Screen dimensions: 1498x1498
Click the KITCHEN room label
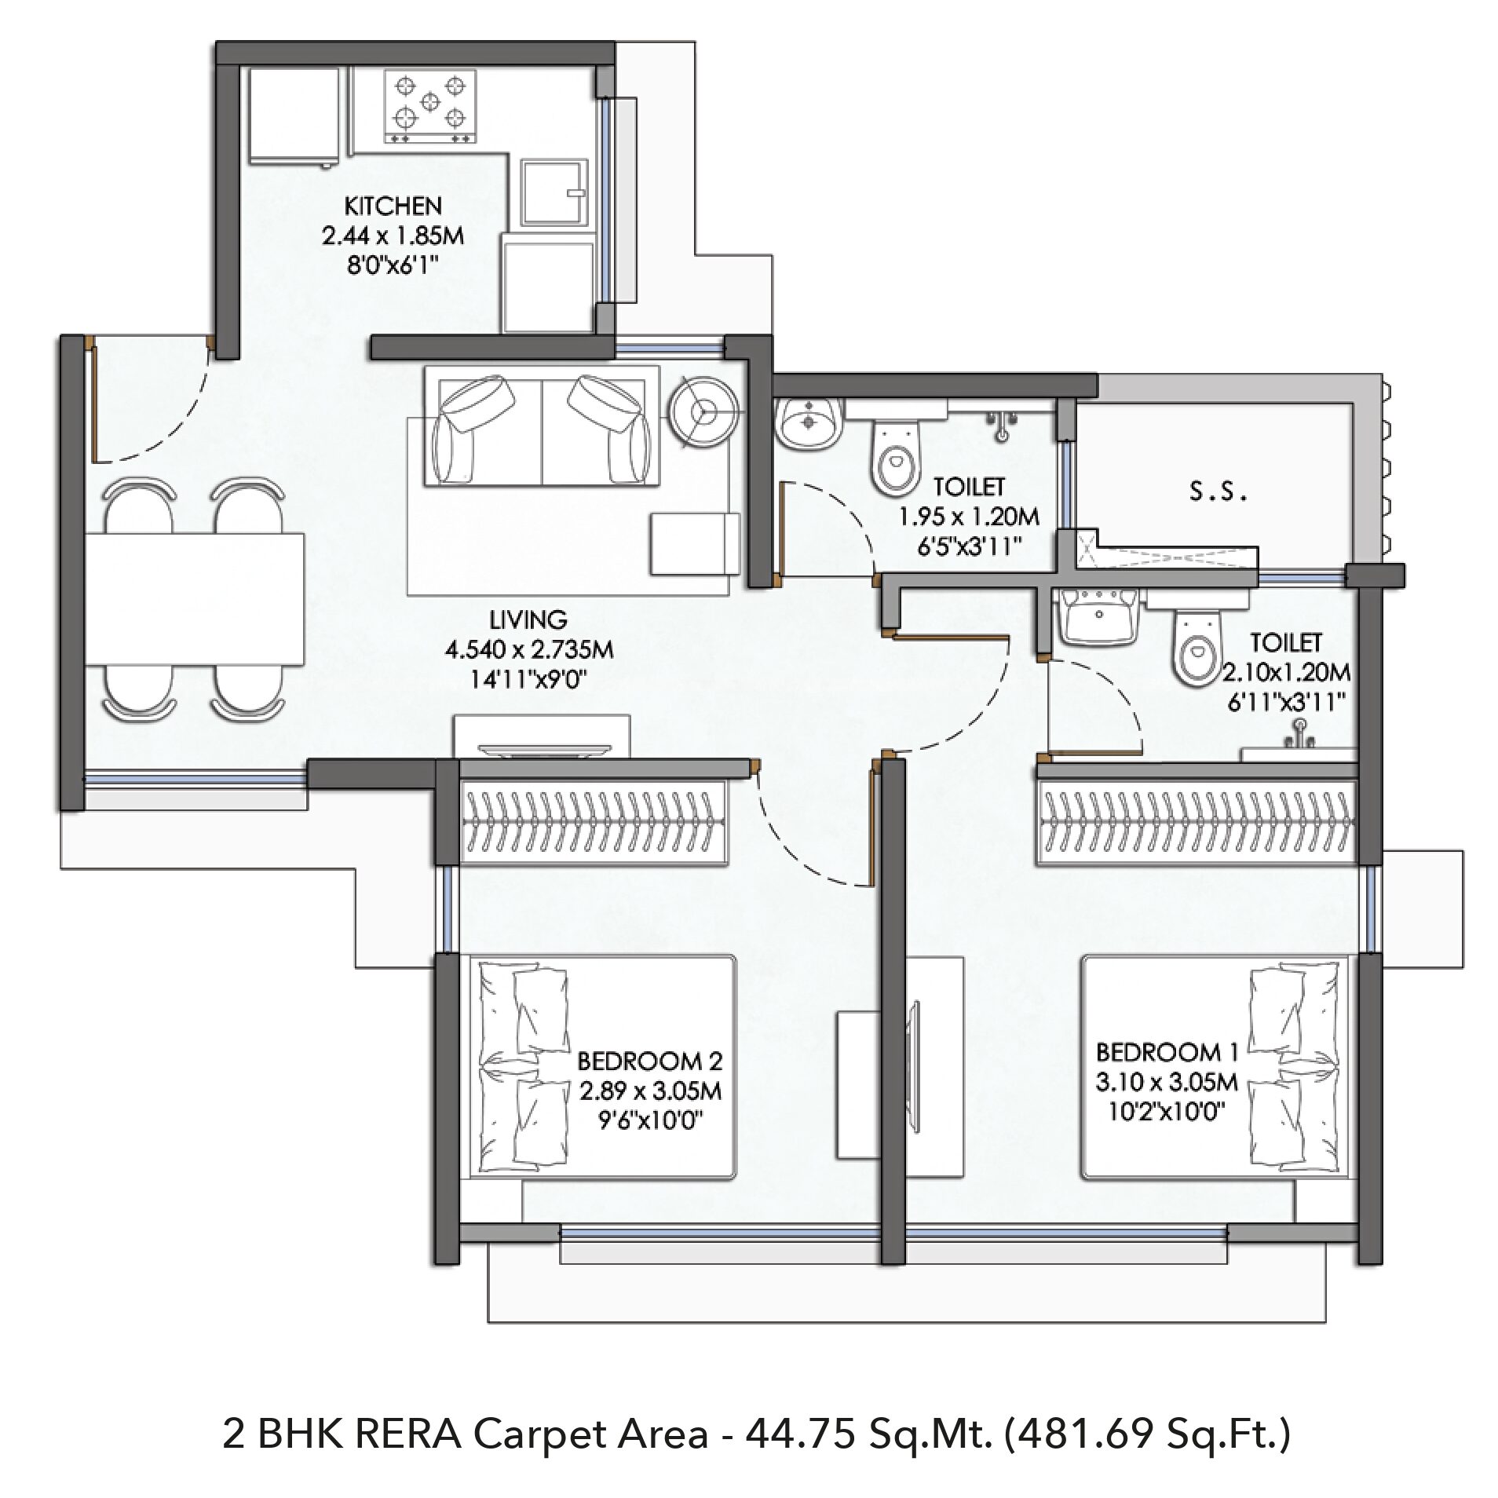[393, 206]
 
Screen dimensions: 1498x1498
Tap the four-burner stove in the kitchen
[429, 107]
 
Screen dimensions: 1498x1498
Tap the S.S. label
[1218, 493]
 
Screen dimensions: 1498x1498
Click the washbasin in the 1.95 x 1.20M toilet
[809, 424]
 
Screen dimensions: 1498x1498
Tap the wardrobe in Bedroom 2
[594, 823]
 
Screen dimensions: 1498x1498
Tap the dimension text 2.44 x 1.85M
[393, 236]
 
